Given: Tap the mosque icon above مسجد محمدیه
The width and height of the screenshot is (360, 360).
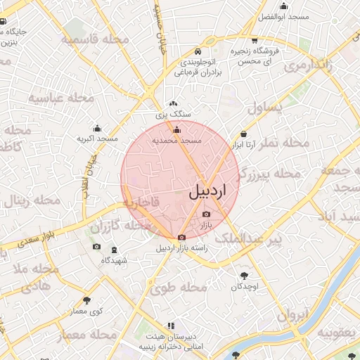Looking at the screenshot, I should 176,130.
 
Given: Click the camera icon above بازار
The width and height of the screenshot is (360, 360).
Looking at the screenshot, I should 206,214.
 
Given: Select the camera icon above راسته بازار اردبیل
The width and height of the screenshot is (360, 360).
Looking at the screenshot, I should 182,238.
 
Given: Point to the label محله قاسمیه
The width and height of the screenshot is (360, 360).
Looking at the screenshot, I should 95,38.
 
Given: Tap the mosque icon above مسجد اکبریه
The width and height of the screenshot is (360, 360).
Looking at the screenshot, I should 97,129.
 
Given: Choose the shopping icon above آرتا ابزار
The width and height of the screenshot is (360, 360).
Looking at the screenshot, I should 243,134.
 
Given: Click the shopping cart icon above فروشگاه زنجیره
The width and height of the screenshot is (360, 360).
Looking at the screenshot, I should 254,40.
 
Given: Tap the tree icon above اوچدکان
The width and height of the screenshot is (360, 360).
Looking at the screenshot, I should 245,276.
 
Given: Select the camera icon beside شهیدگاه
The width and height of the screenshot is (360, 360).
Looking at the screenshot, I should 96,247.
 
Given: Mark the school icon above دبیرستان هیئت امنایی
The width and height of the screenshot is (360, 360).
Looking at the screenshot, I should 169,326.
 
